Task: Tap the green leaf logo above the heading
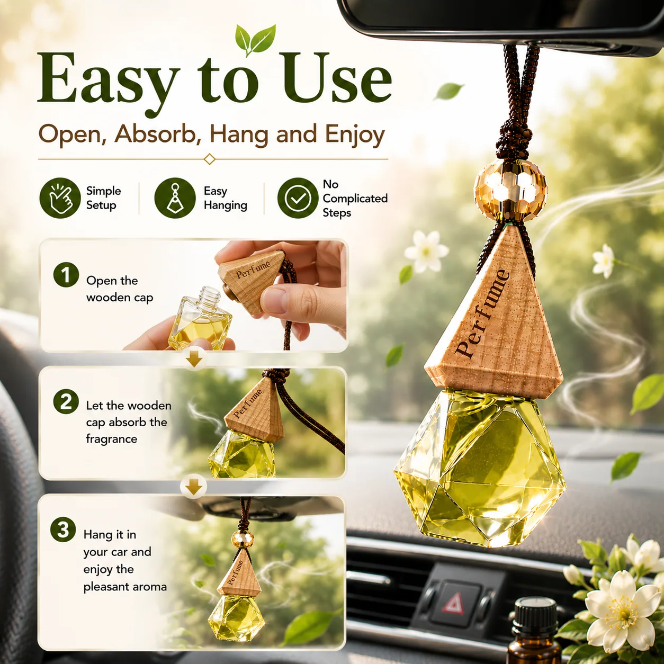(255, 40)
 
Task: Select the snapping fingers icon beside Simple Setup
(60, 198)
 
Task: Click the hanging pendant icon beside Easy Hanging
(175, 198)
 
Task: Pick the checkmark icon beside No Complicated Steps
(298, 198)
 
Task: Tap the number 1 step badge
(66, 275)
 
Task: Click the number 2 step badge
(66, 401)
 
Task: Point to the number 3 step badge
(63, 530)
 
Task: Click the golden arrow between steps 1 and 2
(194, 360)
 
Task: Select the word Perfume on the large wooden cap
(482, 313)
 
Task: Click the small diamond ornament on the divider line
(210, 159)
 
